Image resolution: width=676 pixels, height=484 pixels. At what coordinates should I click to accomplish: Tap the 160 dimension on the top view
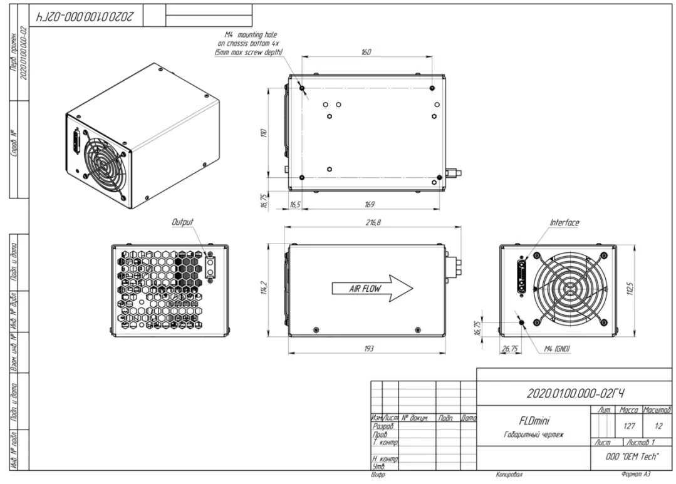point(366,53)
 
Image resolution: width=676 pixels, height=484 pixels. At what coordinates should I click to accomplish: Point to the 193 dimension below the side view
point(368,349)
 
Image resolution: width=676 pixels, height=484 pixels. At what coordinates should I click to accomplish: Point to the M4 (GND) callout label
point(557,349)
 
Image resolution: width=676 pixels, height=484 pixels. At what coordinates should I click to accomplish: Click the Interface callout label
point(564,222)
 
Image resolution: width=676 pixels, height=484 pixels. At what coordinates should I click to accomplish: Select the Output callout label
point(183,222)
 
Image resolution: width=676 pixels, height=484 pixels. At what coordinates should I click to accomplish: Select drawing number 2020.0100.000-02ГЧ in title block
point(575,393)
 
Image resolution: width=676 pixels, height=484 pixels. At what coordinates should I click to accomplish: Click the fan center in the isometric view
point(102,160)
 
